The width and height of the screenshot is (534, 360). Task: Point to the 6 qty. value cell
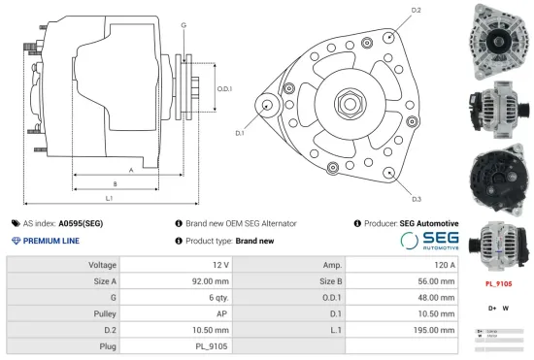pos(215,297)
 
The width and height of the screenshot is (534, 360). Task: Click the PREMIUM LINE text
pos(50,240)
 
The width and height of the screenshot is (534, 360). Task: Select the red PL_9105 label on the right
pos(498,284)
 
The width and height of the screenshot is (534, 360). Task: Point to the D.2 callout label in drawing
pos(416,10)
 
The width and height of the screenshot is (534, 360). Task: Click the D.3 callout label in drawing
pos(416,198)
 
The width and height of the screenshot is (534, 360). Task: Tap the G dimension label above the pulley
pos(184,23)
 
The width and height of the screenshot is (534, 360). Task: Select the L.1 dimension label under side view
pos(110,198)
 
